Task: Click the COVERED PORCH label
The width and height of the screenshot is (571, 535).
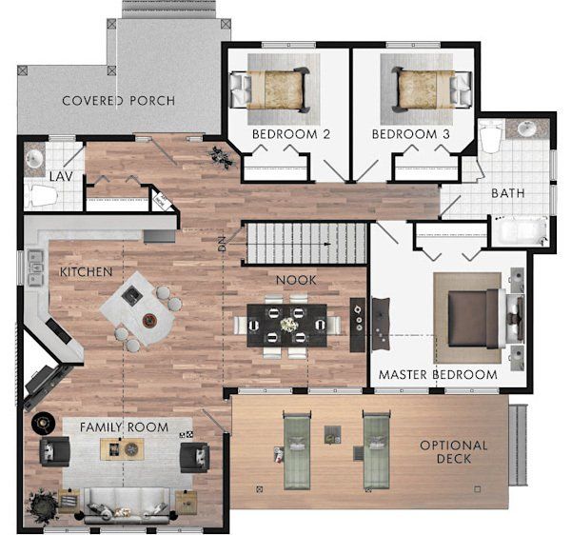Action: pos(119,101)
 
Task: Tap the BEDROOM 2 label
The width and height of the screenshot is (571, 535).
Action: pos(291,134)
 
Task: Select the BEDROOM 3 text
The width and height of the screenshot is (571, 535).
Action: pos(411,134)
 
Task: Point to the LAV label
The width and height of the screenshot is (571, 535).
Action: pos(61,176)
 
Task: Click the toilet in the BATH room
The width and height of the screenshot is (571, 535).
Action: pos(491,137)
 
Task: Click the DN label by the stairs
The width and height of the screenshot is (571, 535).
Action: pos(222,244)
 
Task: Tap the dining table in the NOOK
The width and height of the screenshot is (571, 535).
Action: pos(287,325)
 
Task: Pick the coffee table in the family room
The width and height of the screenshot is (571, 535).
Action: pos(122,449)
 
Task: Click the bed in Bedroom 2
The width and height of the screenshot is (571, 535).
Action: pos(270,89)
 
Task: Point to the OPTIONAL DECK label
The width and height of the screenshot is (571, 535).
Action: pos(454,451)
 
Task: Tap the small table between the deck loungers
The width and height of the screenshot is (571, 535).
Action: pos(332,434)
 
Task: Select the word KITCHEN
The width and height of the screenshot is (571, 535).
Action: pos(86,271)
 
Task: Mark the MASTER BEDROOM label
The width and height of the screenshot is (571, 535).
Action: pos(438,374)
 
